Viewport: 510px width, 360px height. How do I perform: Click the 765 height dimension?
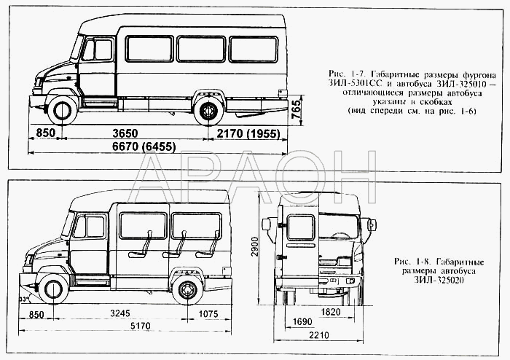point(297,110)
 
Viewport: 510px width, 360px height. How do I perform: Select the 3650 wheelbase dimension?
point(125,133)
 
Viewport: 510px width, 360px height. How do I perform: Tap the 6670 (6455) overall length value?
point(144,147)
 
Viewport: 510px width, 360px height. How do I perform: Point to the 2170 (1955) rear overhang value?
point(248,133)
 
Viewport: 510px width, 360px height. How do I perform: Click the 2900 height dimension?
point(254,246)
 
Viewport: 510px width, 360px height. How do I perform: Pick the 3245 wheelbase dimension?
point(120,313)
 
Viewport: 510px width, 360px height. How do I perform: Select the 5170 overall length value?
point(141,326)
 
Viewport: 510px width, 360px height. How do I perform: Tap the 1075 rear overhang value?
point(208,314)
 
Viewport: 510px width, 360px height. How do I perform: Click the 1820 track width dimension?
point(331,312)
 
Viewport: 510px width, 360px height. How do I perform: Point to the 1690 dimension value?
point(302,322)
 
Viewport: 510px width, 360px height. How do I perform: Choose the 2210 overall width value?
point(319,335)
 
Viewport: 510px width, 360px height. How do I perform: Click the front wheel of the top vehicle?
point(62,110)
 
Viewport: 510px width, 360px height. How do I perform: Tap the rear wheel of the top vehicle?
point(208,111)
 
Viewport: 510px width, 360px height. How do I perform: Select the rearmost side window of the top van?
point(254,49)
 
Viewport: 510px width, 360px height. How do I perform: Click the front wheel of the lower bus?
point(53,289)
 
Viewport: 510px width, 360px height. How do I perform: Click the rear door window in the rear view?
point(301,227)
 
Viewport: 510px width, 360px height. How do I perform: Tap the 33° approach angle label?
point(23,299)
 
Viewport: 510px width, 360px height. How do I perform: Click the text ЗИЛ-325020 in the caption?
point(439,280)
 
